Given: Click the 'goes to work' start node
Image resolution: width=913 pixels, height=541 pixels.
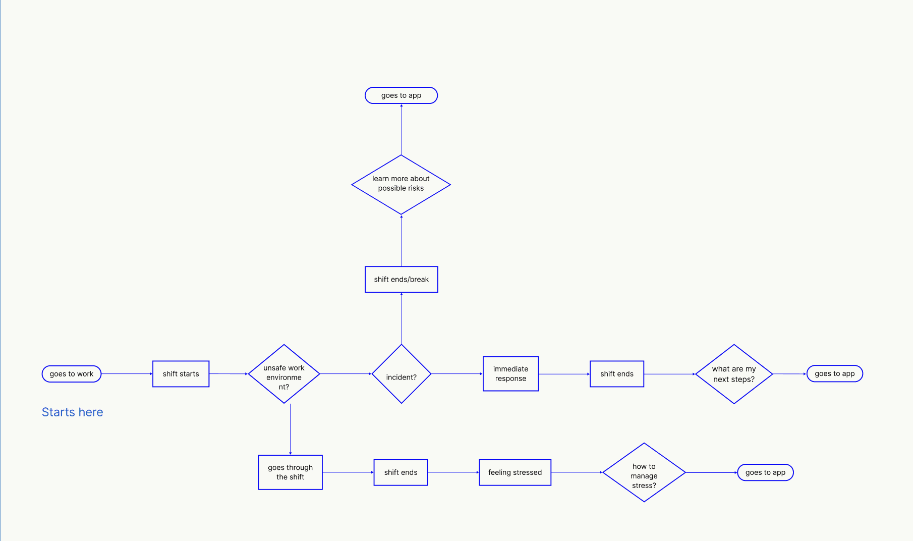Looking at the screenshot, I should pos(72,374).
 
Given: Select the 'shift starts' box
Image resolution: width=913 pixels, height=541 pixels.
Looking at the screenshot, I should pos(181,374).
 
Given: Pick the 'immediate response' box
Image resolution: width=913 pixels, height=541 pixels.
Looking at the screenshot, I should pos(510,374).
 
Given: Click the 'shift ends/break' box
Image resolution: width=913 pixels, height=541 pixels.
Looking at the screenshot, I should pos(402,280).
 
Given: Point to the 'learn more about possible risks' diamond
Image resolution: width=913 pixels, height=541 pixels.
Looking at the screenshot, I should pos(401,184).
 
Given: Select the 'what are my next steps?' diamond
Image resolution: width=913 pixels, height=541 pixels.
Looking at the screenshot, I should pos(734,374).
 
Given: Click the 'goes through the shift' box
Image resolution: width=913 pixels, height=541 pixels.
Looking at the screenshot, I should pos(290,472).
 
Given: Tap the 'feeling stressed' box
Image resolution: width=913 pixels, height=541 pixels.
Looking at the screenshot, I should pos(515,472).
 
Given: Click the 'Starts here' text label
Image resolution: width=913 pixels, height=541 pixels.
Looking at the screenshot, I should pos(73,412).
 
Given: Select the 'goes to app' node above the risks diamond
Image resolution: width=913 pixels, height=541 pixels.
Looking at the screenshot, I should pos(401,95).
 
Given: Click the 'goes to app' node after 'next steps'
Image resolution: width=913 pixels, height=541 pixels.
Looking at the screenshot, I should pos(835,374).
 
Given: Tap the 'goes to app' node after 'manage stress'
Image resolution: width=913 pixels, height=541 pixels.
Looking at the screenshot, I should pos(765,473).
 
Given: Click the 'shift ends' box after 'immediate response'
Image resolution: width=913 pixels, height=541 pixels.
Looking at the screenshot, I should pos(617,374).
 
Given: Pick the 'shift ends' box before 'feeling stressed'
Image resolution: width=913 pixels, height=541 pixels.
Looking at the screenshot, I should pos(401,472).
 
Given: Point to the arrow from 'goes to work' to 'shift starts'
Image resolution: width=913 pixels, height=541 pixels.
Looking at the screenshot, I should pos(127,374).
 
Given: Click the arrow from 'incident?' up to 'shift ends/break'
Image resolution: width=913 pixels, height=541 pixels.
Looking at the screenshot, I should pos(402,318).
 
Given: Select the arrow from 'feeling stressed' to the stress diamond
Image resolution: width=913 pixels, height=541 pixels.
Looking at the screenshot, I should pos(577,472).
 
